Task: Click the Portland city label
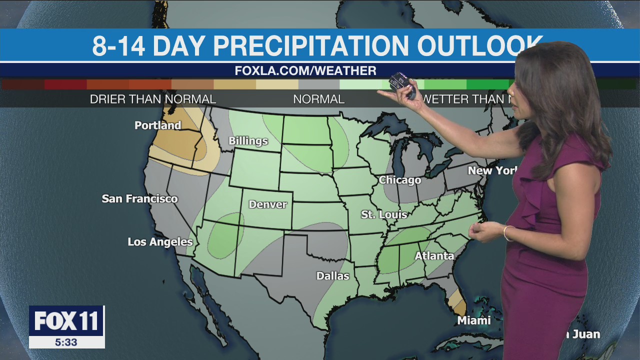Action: tap(157, 125)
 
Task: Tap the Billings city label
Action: tap(248, 141)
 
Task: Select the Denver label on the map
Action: tap(268, 204)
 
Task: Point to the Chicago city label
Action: tap(399, 180)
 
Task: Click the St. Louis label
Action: tap(384, 214)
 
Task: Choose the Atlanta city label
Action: tap(434, 256)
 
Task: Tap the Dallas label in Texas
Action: tap(332, 275)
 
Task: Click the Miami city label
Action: tap(473, 320)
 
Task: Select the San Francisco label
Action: tap(139, 199)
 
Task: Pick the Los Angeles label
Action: tap(160, 242)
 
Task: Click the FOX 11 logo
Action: tap(66, 321)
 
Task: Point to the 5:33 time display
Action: tap(66, 342)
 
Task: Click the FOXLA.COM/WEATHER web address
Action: tap(305, 71)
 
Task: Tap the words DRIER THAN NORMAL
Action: tap(153, 99)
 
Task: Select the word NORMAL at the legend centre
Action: tap(318, 99)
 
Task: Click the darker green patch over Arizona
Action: tap(224, 234)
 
